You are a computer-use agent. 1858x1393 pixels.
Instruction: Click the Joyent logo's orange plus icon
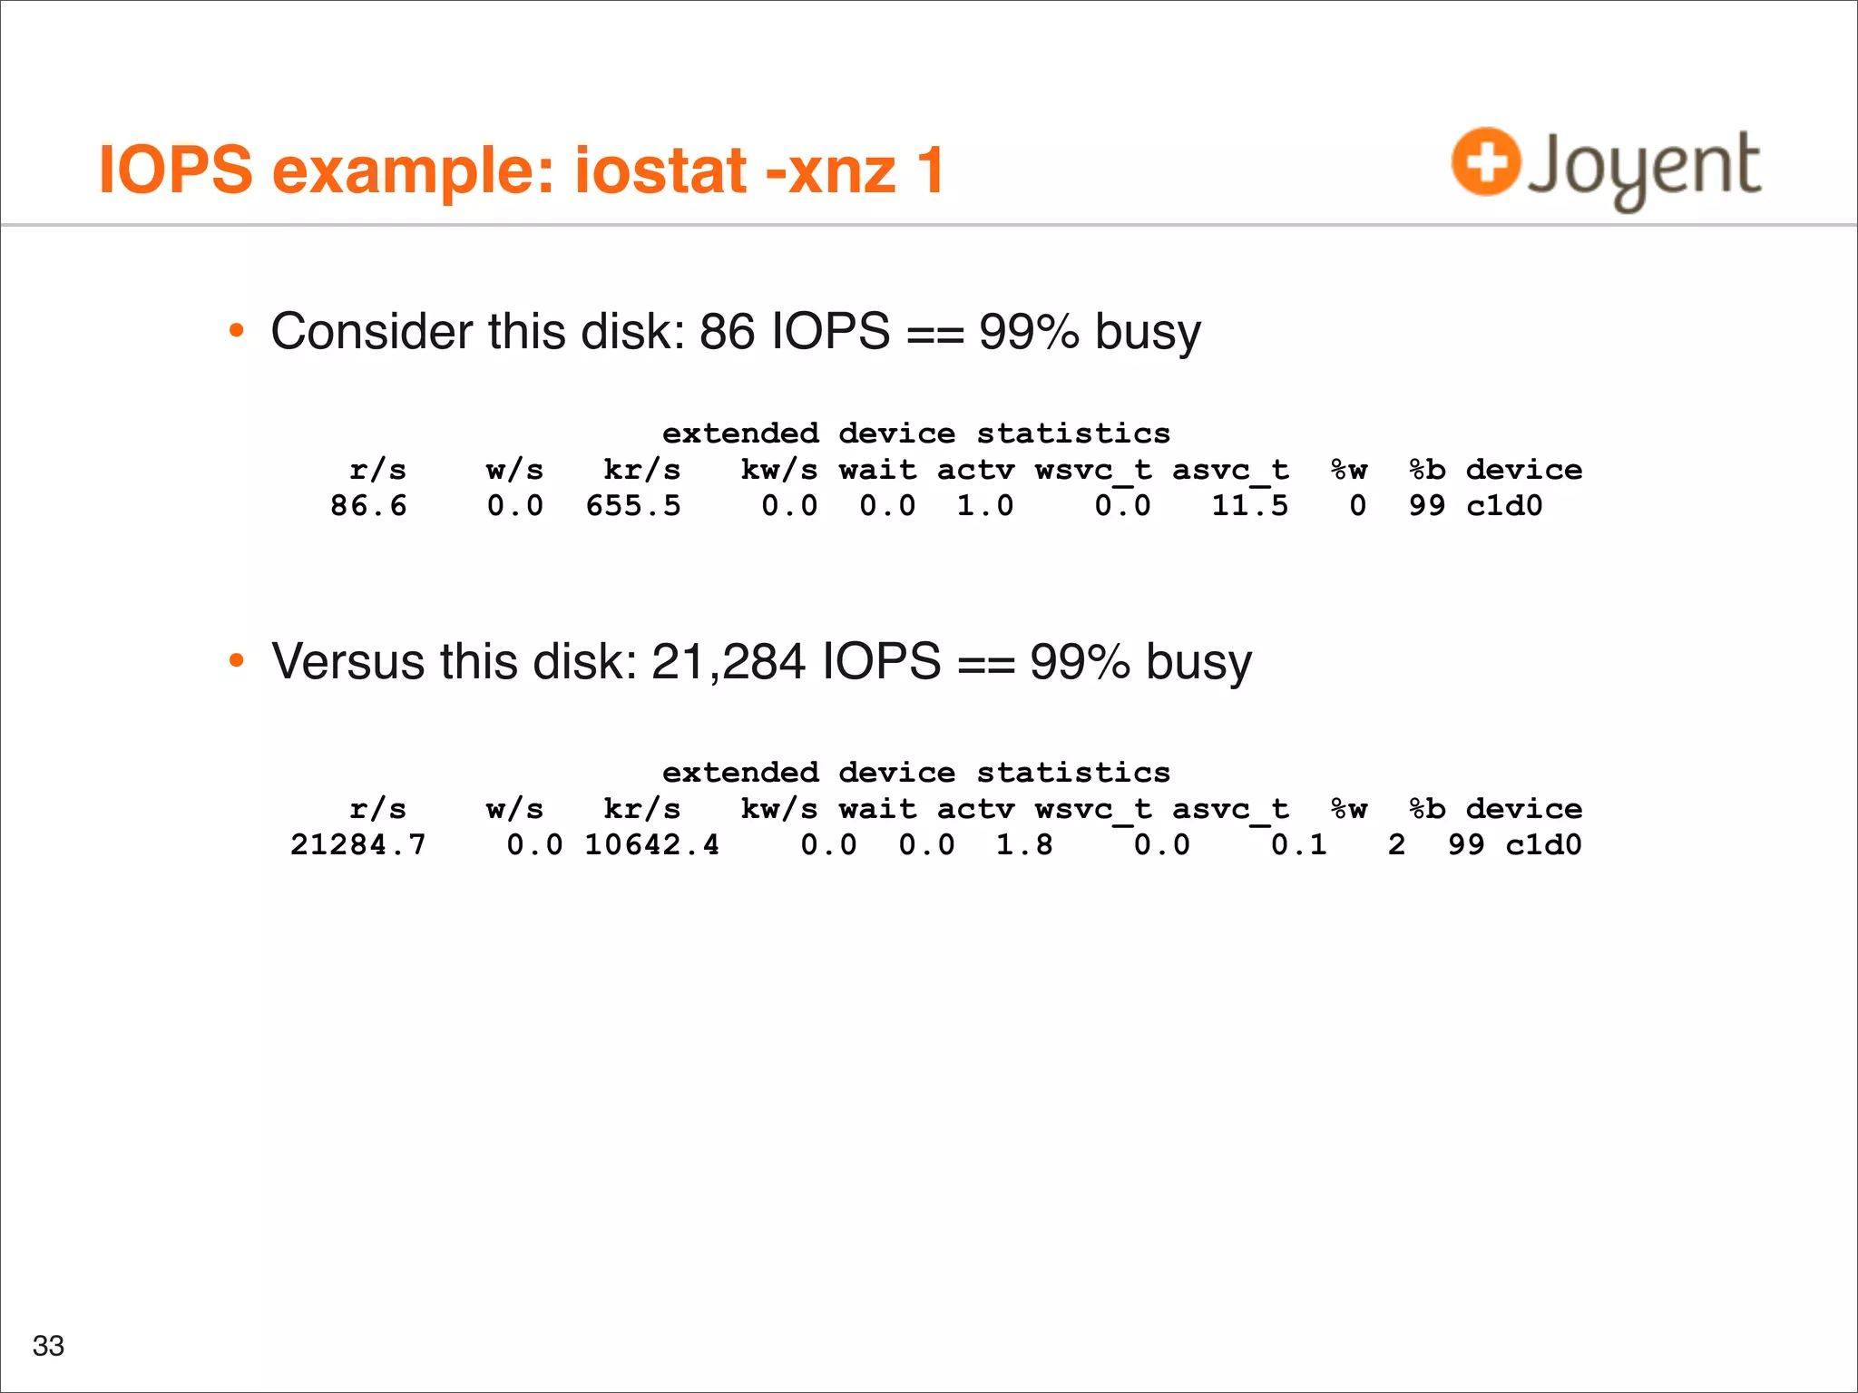1485,161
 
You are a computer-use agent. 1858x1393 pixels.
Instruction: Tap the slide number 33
48,1345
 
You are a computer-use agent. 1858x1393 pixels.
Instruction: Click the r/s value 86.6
368,505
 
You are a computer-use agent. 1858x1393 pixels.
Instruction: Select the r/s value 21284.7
357,844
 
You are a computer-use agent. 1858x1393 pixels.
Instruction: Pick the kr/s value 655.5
632,505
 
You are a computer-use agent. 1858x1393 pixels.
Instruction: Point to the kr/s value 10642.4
651,844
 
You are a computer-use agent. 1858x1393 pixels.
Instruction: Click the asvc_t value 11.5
1249,505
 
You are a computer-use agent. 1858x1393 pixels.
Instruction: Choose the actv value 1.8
1024,844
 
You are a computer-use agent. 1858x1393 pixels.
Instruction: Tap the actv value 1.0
985,505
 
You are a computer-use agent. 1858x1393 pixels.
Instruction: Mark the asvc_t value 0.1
1298,844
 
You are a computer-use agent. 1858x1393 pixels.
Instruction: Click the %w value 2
1396,844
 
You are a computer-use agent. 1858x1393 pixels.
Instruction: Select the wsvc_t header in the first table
1093,470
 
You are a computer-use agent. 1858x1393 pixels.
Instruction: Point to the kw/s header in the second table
778,809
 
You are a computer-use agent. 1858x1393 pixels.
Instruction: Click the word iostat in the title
660,170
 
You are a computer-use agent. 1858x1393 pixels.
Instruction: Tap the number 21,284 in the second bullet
728,660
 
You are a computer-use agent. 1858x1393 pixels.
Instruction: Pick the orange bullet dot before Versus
237,660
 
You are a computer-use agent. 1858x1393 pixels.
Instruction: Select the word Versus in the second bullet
347,660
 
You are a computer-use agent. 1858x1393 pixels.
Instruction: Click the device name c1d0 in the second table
1543,844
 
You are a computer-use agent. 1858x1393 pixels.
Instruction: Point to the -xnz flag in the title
831,170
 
